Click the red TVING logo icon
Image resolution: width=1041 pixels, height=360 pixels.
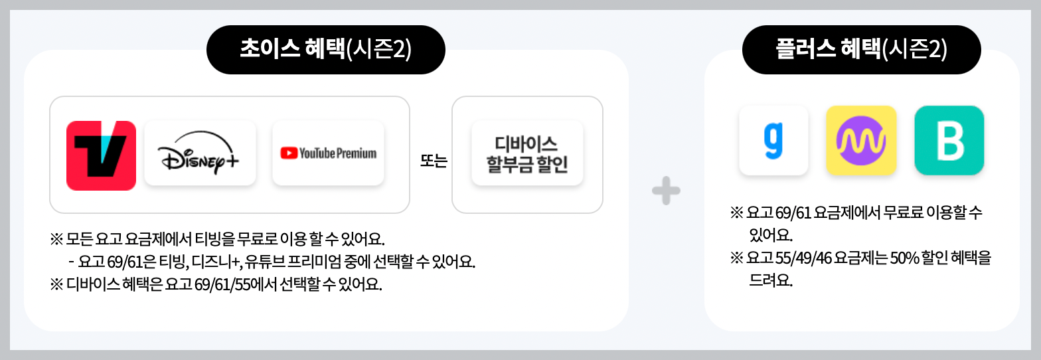click(x=101, y=155)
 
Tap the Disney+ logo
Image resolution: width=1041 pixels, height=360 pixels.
click(x=199, y=153)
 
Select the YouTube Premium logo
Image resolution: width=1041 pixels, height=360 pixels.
click(x=328, y=153)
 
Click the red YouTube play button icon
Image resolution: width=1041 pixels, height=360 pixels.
click(x=289, y=153)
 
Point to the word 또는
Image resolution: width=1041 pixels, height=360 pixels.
click(x=434, y=161)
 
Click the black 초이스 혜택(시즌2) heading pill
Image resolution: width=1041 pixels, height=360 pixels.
click(x=325, y=50)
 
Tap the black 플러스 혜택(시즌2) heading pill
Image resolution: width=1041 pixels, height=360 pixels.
click(x=861, y=50)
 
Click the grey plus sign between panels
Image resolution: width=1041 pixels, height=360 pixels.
click(x=666, y=192)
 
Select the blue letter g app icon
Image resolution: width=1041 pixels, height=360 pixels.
click(x=773, y=140)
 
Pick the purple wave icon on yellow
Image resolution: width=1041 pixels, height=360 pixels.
click(x=861, y=140)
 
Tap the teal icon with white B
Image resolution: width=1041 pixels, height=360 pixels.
click(x=949, y=140)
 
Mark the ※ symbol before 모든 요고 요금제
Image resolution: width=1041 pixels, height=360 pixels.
click(x=56, y=238)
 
